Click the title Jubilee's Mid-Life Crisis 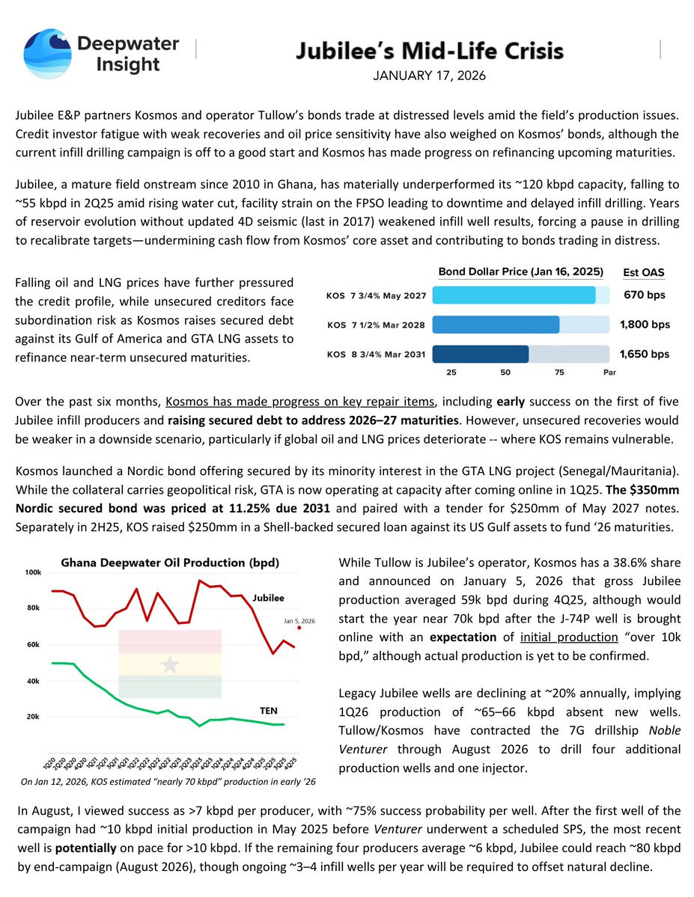point(429,52)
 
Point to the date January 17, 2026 point(429,76)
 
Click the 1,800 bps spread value point(645,325)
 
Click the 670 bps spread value point(645,295)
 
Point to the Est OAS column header point(643,272)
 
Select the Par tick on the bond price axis point(609,373)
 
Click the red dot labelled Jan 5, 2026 point(299,628)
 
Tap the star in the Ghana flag point(170,664)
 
